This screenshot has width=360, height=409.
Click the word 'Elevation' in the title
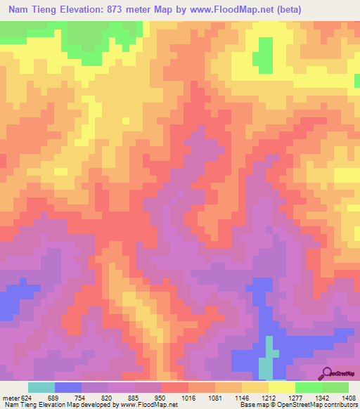pyautogui.click(x=91, y=10)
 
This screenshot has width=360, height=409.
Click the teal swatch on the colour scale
pyautogui.click(x=41, y=387)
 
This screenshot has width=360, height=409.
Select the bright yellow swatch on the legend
pyautogui.click(x=282, y=387)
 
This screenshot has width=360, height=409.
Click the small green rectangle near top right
pyautogui.click(x=265, y=53)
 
